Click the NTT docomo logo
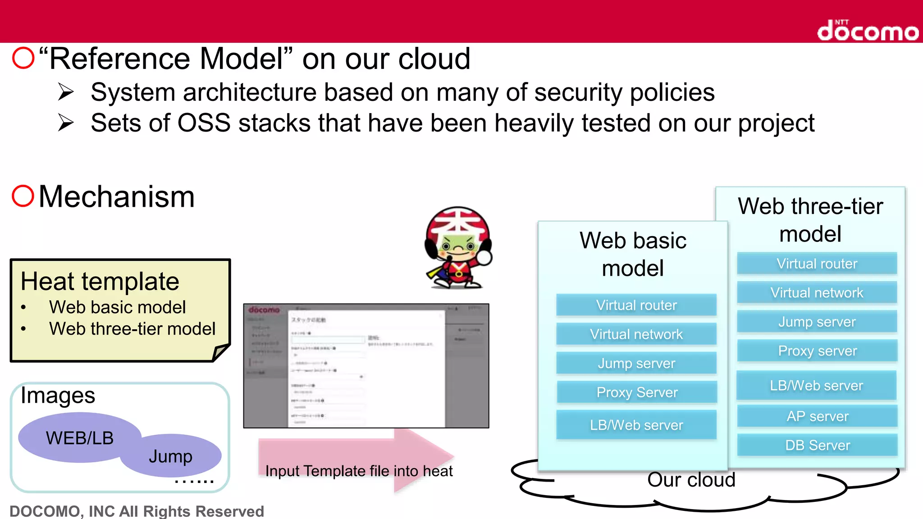tap(868, 31)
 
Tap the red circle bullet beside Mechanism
tap(23, 196)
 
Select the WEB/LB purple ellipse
tap(79, 437)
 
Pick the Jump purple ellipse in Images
tap(171, 456)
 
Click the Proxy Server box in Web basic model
tap(636, 392)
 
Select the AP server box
tap(817, 416)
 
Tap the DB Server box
tap(817, 445)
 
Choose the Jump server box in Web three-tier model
tap(817, 322)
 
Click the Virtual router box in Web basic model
tap(636, 305)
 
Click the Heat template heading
tap(100, 282)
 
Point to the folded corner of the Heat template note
tap(220, 352)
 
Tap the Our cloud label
tap(691, 480)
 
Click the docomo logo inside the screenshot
tap(264, 310)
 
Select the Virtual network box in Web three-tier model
tap(817, 293)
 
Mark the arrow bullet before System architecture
tap(66, 92)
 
